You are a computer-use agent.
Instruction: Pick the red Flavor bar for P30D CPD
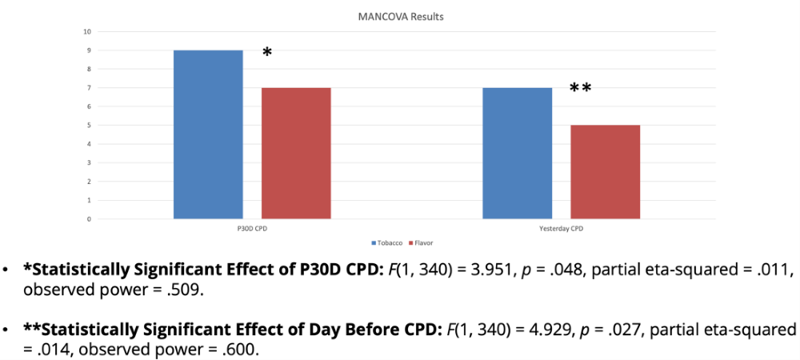pyautogui.click(x=296, y=153)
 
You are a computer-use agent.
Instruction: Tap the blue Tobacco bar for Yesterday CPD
pyautogui.click(x=517, y=153)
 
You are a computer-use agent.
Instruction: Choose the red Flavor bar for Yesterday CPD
pyautogui.click(x=605, y=171)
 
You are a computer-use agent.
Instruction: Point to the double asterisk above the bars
pyautogui.click(x=580, y=88)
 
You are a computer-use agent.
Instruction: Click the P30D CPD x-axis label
pyautogui.click(x=253, y=228)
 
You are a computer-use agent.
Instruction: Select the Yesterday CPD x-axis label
pyautogui.click(x=561, y=228)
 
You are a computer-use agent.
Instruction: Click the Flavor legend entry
pyautogui.click(x=421, y=242)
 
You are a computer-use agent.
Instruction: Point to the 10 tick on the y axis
pyautogui.click(x=86, y=32)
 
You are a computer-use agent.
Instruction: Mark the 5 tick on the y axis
pyautogui.click(x=88, y=126)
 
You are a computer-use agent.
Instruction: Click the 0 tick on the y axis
pyautogui.click(x=88, y=218)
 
